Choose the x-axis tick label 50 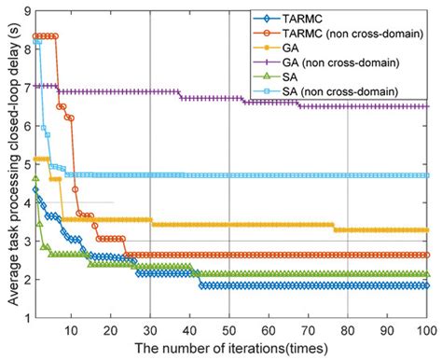[x=229, y=330]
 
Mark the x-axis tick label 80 [x=347, y=330]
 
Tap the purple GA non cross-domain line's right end [x=427, y=106]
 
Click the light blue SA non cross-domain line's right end [x=427, y=175]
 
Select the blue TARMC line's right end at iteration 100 [x=427, y=285]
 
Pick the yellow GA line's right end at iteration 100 [x=427, y=230]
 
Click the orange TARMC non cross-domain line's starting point [x=35, y=35]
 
